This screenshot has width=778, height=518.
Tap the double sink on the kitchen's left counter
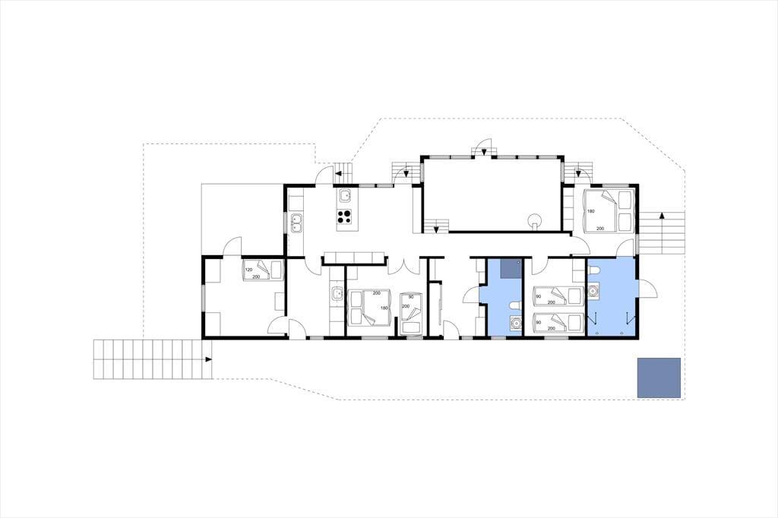(x=297, y=223)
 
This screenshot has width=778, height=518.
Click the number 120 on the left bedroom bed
(x=248, y=270)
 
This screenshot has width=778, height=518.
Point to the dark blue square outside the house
(x=659, y=377)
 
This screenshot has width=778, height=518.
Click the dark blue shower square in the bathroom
(x=510, y=268)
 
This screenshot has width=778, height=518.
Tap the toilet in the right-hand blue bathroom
(x=594, y=270)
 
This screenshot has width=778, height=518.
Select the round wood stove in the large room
(x=534, y=220)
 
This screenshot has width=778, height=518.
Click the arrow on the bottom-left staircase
(x=208, y=358)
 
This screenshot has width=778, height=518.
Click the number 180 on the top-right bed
(x=590, y=211)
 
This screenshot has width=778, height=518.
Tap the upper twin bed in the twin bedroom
(x=557, y=295)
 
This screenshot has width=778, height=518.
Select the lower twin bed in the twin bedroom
(x=557, y=321)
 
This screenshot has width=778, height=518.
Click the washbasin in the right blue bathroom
(x=593, y=290)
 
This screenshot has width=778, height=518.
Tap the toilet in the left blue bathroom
(x=516, y=305)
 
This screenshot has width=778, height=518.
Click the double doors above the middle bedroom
(x=406, y=265)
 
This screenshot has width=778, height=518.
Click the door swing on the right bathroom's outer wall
(x=647, y=290)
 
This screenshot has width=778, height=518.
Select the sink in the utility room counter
(x=337, y=294)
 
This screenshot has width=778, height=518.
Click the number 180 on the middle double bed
(x=384, y=308)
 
